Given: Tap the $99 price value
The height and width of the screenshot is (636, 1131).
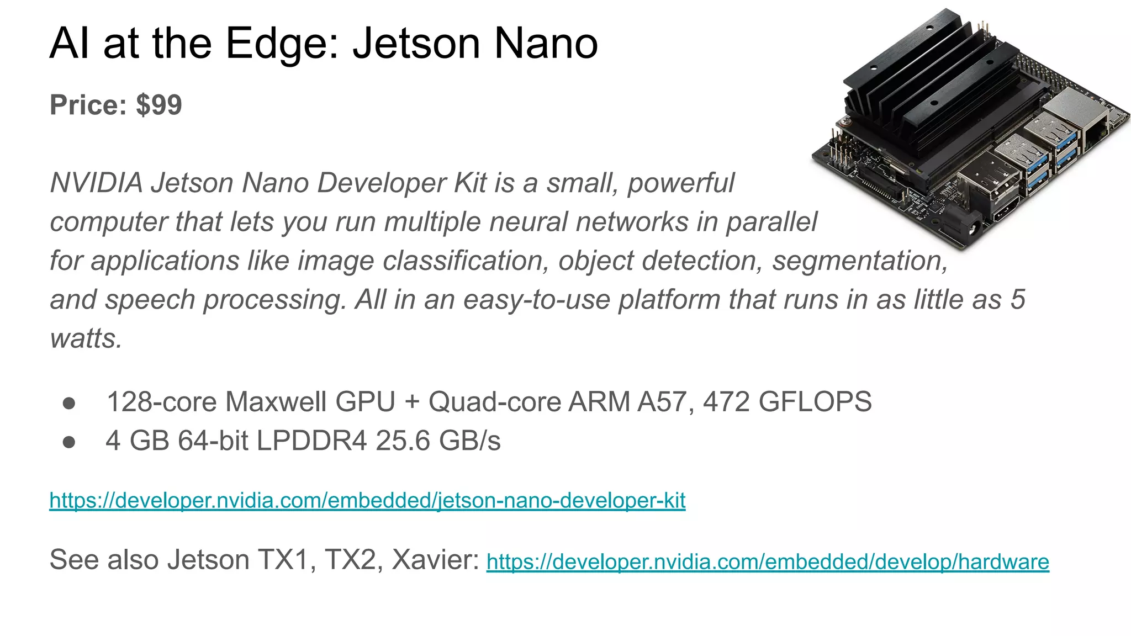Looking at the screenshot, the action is (x=159, y=105).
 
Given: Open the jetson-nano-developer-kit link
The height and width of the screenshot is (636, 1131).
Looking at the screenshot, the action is (x=367, y=500).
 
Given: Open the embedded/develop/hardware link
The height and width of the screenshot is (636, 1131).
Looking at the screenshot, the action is (x=767, y=561).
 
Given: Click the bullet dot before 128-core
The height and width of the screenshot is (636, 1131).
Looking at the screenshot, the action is (x=69, y=403).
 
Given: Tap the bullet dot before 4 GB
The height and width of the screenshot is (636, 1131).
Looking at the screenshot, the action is (x=69, y=442).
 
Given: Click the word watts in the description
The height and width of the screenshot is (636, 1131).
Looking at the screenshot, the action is (x=86, y=338).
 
